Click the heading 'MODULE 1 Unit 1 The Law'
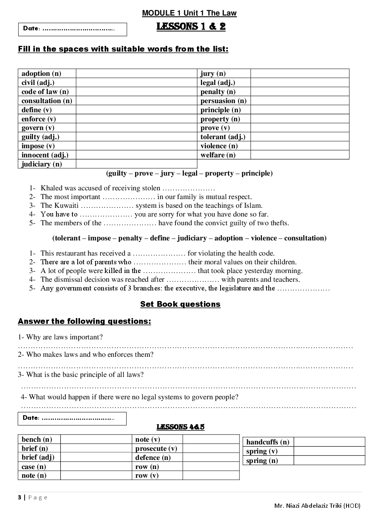tap(189, 13)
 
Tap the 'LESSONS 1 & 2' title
tap(191, 27)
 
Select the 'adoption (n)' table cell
tap(41, 74)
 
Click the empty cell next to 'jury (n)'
tap(299, 74)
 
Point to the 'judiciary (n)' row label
tap(42, 164)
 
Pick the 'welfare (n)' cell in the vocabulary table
tap(218, 155)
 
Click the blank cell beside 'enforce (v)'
tap(136, 119)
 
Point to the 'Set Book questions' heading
tap(180, 304)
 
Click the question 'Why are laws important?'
tap(64, 337)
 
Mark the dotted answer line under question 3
tap(188, 387)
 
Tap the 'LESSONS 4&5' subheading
tap(180, 427)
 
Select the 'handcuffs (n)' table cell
tap(268, 442)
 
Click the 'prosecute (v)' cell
tap(156, 449)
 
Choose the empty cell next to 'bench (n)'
tap(96, 439)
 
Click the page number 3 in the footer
tap(19, 497)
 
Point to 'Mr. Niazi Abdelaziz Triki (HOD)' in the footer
tap(317, 505)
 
